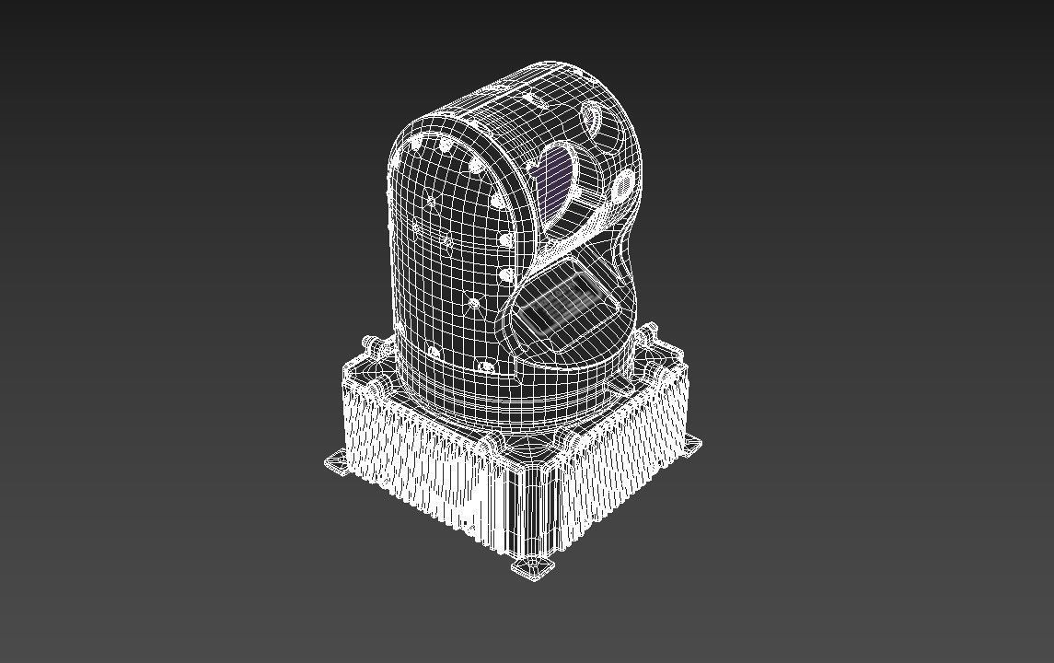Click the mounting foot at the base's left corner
336,462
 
